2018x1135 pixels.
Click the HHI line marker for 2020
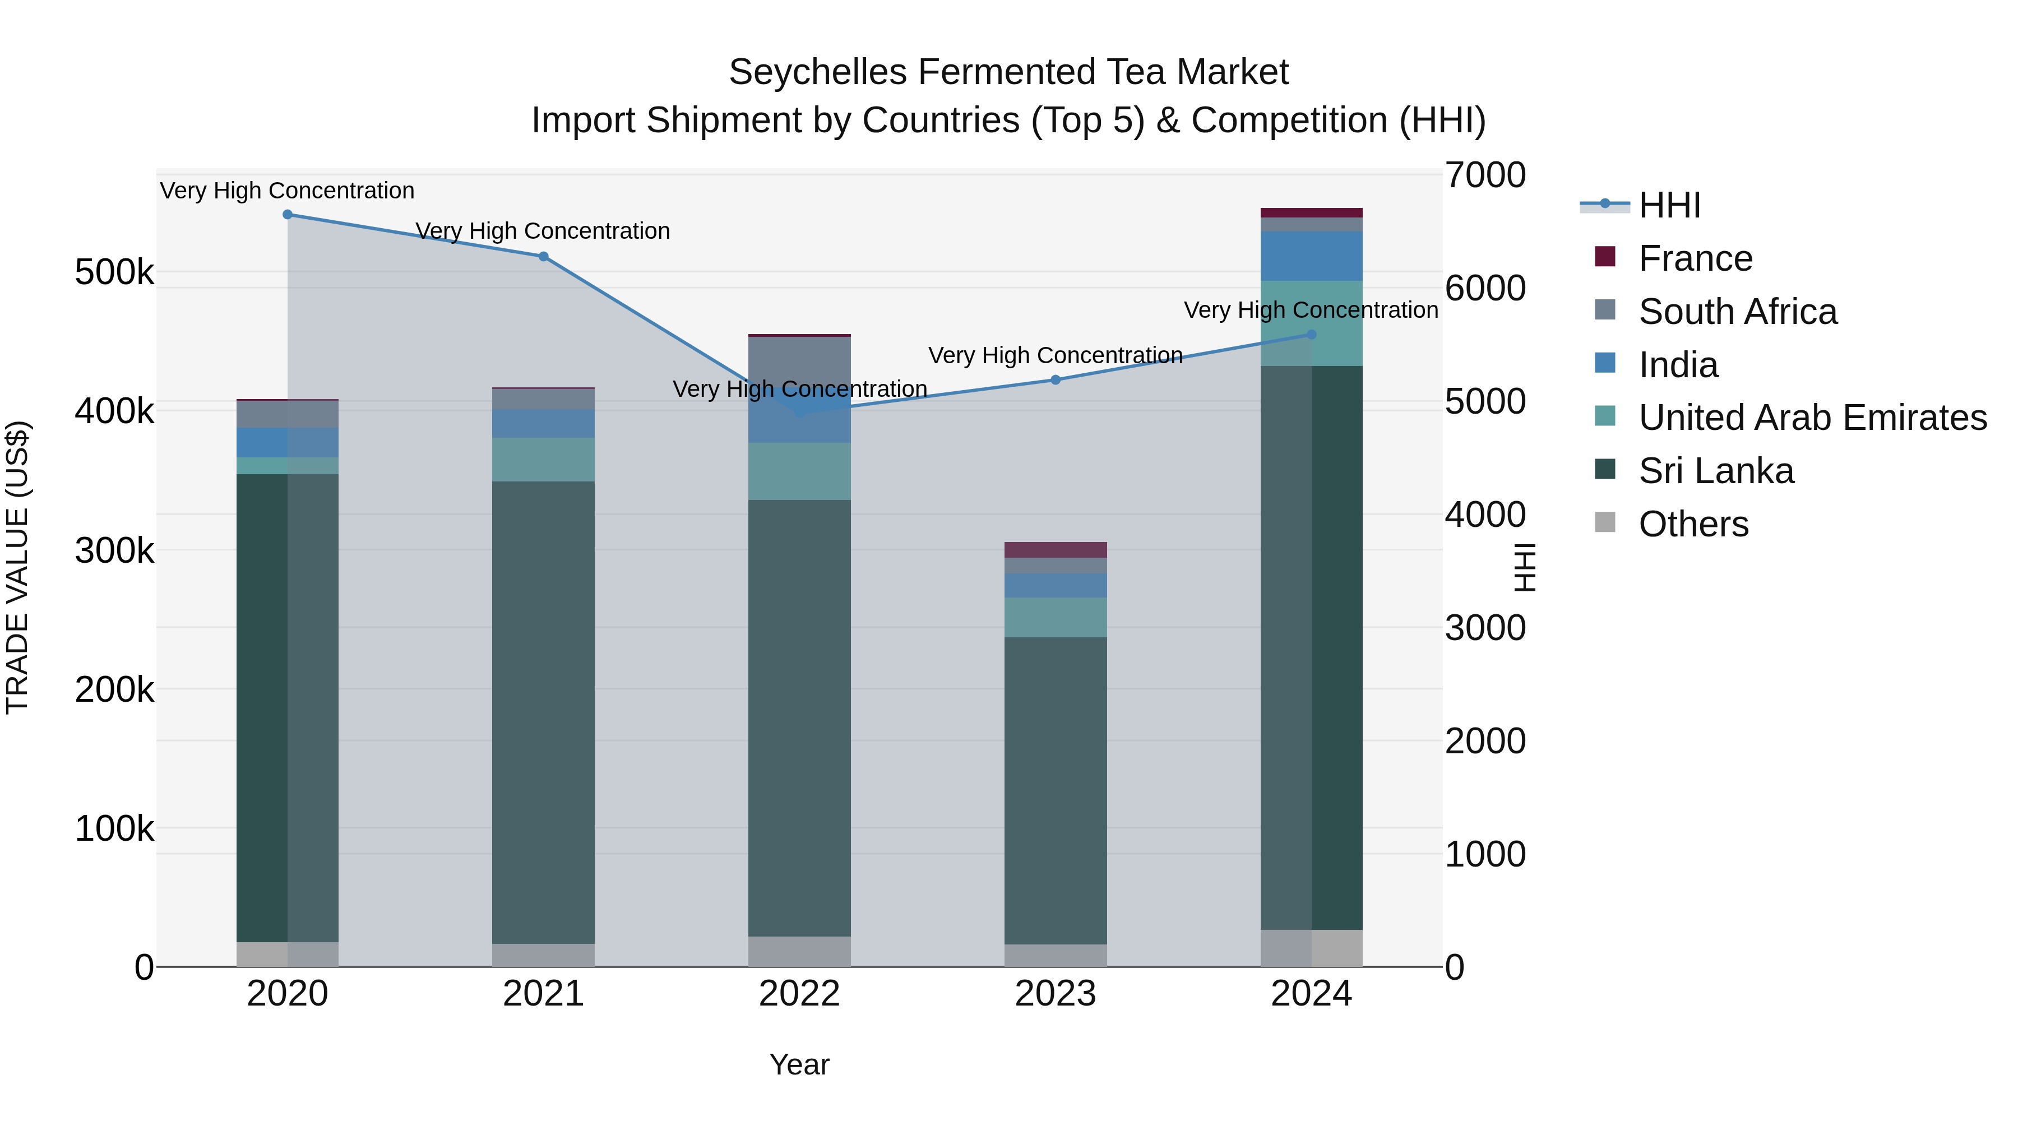point(288,215)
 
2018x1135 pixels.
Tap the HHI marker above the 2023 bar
point(1055,380)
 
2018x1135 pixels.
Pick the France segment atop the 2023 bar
point(1055,550)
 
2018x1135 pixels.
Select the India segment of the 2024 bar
point(1311,256)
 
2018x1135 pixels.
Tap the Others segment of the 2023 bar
point(1055,955)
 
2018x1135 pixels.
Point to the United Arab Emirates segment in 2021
point(543,460)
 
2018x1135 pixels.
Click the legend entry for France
point(1695,258)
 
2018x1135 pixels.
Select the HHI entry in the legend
point(1669,205)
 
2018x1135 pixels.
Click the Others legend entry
point(1693,524)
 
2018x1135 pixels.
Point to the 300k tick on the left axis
point(114,550)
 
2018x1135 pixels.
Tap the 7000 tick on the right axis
point(1484,175)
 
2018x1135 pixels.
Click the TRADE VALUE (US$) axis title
point(18,567)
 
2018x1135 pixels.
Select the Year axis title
point(799,1064)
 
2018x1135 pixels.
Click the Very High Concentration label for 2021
point(543,231)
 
